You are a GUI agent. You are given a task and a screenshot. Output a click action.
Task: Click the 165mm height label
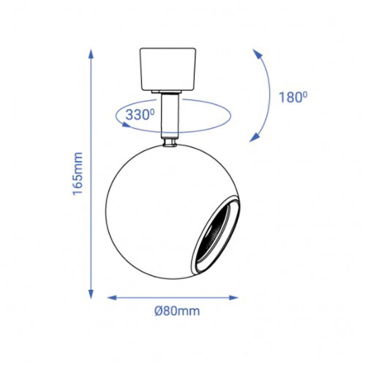78,173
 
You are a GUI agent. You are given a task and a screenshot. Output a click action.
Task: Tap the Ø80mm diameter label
177,311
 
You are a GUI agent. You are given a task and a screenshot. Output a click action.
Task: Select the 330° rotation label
140,115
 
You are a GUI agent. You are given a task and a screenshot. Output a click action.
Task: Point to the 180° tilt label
293,97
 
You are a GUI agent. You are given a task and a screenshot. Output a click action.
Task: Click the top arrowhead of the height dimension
91,54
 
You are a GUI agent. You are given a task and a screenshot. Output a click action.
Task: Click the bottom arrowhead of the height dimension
91,294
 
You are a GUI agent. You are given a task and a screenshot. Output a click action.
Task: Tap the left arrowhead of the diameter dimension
112,297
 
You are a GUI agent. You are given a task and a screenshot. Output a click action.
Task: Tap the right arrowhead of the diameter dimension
233,297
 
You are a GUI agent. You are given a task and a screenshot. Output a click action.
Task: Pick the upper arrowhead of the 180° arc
257,54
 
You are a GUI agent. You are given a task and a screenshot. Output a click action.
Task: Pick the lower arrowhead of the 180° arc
254,137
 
